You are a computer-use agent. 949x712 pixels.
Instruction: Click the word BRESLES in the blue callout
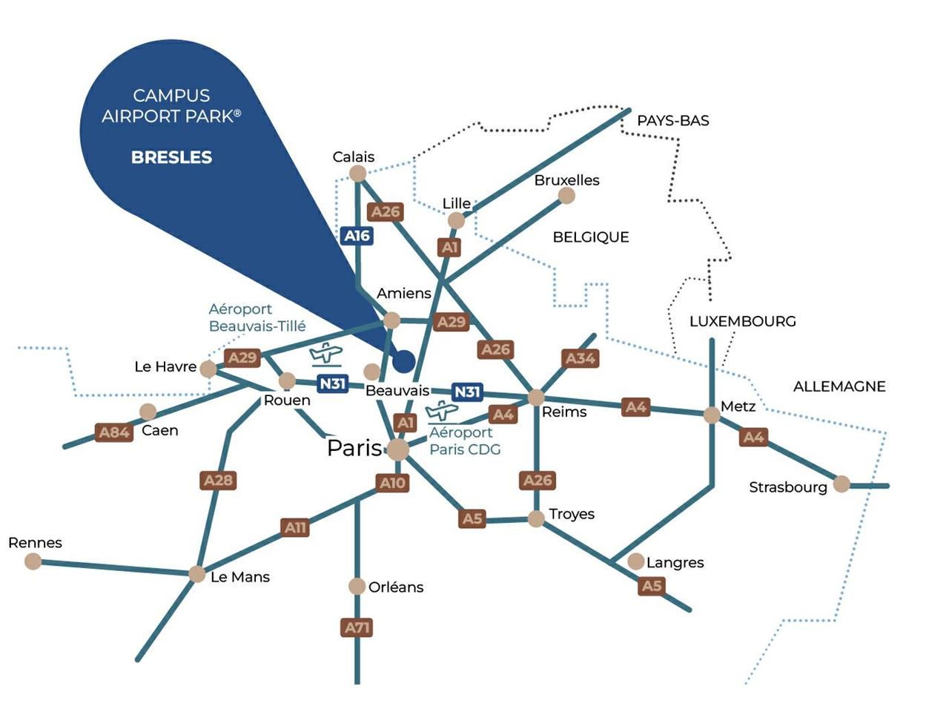(171, 157)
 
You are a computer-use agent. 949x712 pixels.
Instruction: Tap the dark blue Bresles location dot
(403, 361)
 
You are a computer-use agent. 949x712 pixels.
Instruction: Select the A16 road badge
(357, 236)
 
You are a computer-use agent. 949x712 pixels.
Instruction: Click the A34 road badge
(581, 359)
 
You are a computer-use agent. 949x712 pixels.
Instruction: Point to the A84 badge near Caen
(114, 432)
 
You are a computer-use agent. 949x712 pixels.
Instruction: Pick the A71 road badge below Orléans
(357, 628)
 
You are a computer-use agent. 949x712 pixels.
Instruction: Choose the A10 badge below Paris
(392, 484)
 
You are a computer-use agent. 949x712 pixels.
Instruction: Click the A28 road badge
(218, 481)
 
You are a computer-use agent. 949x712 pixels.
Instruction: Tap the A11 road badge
(295, 528)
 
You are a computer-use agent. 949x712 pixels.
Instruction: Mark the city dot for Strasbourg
(841, 484)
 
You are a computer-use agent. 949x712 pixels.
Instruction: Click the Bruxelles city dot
(566, 196)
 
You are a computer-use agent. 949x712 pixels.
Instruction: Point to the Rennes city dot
(33, 561)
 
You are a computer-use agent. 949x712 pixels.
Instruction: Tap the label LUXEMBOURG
(742, 321)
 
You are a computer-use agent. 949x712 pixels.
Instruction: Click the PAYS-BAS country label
(673, 120)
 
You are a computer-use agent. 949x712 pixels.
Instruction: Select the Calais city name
(354, 156)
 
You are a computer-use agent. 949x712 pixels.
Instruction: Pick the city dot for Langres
(635, 561)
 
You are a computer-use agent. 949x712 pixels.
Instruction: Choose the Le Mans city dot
(196, 574)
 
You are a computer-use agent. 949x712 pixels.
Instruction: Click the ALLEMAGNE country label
(839, 386)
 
